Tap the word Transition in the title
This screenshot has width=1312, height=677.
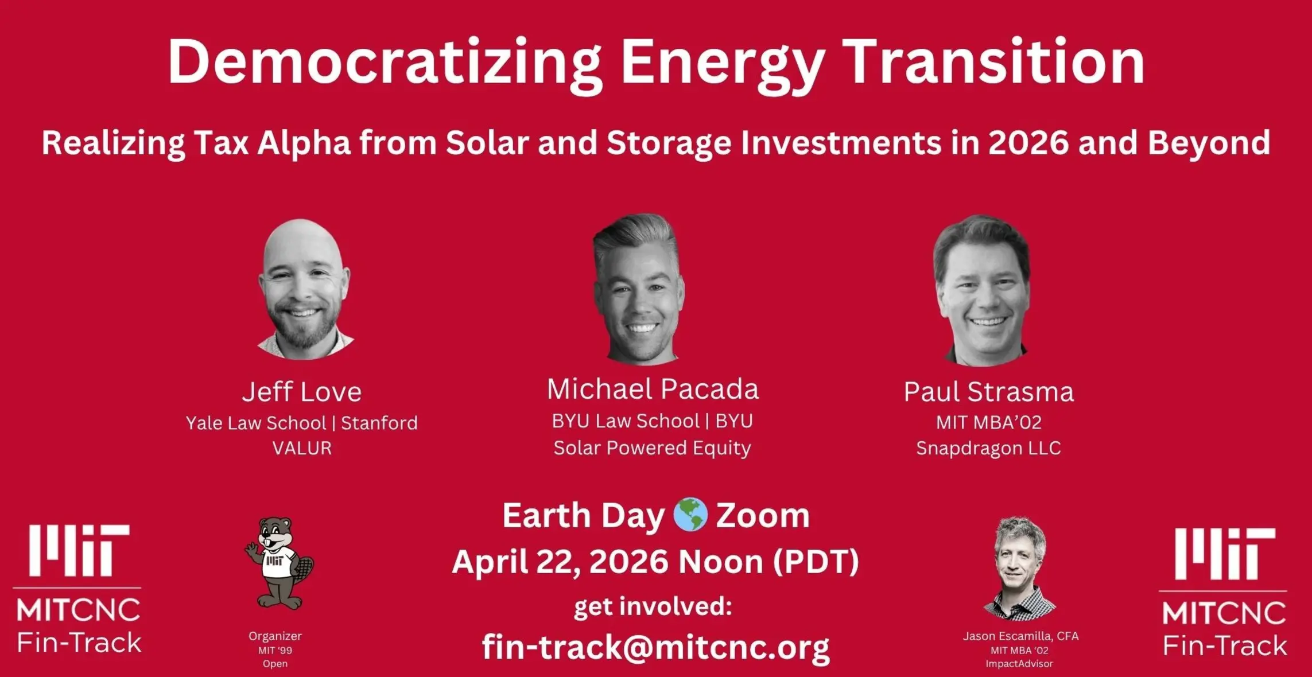[996, 61]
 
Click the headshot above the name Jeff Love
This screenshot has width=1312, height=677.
[304, 289]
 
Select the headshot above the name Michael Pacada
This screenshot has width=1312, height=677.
[638, 289]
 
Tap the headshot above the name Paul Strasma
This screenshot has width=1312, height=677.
[981, 290]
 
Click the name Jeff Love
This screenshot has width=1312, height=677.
[302, 392]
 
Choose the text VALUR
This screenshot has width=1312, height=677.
[302, 448]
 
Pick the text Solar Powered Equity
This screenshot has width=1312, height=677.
[652, 448]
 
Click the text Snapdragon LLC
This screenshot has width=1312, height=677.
[988, 448]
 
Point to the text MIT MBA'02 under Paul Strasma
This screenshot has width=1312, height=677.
[988, 422]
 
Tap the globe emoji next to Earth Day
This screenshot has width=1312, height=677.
[690, 515]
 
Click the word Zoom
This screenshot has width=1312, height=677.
[763, 515]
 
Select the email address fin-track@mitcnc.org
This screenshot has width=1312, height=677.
[655, 647]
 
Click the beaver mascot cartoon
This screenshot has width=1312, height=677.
[278, 563]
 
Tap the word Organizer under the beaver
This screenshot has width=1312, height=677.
[275, 636]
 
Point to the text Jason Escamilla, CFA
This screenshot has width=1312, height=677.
[1020, 636]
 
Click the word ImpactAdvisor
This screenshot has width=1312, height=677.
[1019, 664]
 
